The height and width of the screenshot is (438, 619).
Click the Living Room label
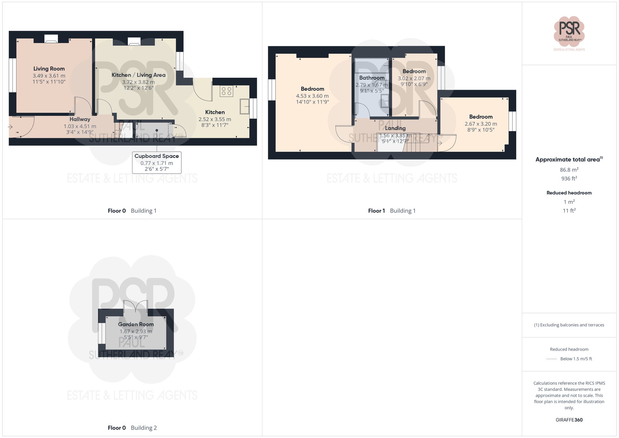pyautogui.click(x=49, y=69)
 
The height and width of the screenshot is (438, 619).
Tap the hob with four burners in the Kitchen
pyautogui.click(x=227, y=91)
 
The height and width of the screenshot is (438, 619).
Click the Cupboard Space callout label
pyautogui.click(x=157, y=156)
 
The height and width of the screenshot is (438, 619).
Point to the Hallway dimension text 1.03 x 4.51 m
pyautogui.click(x=80, y=126)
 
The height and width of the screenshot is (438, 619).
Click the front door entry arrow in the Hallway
pyautogui.click(x=10, y=127)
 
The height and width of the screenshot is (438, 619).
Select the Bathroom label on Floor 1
pyautogui.click(x=372, y=78)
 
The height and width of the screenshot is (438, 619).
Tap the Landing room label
pyautogui.click(x=395, y=128)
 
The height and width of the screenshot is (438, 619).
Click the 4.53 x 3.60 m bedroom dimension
pyautogui.click(x=312, y=96)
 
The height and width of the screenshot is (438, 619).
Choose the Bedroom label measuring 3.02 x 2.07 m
pyautogui.click(x=414, y=72)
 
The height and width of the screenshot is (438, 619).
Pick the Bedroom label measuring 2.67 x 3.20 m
pyautogui.click(x=481, y=117)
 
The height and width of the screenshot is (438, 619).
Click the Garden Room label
pyautogui.click(x=136, y=324)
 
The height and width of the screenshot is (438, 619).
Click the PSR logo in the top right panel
pyautogui.click(x=569, y=31)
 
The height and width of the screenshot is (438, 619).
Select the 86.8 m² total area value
pyautogui.click(x=569, y=170)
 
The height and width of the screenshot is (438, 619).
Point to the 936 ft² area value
pyautogui.click(x=569, y=179)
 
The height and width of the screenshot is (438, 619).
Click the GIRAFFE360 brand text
pyautogui.click(x=569, y=420)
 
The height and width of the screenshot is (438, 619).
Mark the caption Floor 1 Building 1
pyautogui.click(x=392, y=211)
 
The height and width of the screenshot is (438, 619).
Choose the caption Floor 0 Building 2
pyautogui.click(x=132, y=428)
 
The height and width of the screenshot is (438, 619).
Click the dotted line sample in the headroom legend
pyautogui.click(x=552, y=359)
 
